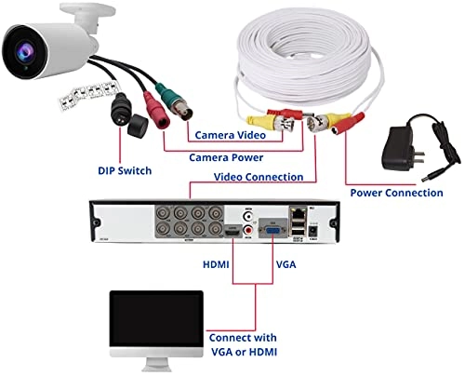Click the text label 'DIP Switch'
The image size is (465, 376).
125,170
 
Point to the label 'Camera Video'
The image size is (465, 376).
231,135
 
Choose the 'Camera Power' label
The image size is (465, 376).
226,157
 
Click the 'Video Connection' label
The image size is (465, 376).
259,177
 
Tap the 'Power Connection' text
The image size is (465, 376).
396,193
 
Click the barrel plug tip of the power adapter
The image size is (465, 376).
424,180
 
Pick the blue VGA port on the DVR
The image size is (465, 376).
272,231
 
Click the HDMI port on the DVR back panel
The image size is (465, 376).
232,231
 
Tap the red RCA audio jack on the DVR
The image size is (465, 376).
248,230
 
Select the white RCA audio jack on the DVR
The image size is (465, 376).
248,216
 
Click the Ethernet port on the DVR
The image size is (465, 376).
298,213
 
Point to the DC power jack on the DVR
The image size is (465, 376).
313,231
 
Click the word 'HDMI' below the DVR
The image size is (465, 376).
216,264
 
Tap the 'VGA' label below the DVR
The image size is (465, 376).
286,264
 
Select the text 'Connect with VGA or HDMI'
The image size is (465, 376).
244,344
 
